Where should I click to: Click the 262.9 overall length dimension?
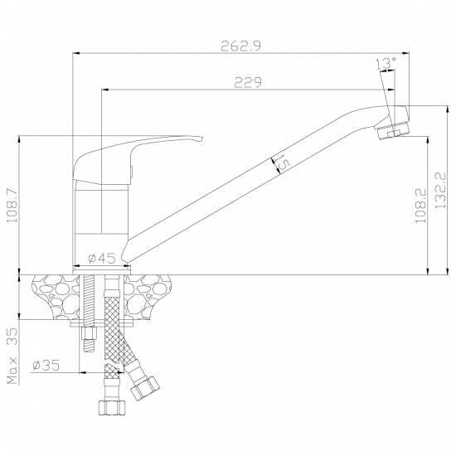(241, 46)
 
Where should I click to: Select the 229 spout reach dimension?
(248, 83)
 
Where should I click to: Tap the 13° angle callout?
(386, 63)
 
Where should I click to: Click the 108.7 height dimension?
(12, 206)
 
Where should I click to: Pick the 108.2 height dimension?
(420, 206)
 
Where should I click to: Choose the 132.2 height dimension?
(440, 190)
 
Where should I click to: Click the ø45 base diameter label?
(102, 258)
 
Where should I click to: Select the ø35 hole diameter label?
(46, 365)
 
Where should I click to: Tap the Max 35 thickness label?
(12, 357)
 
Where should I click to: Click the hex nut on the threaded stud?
(89, 333)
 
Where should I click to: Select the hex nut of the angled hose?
(145, 388)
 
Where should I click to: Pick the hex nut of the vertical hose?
(112, 407)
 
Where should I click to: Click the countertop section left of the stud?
(56, 297)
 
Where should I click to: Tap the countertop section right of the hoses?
(146, 297)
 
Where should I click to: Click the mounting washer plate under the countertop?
(102, 323)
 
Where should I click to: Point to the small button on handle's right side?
(131, 172)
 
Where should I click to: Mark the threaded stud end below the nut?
(89, 346)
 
